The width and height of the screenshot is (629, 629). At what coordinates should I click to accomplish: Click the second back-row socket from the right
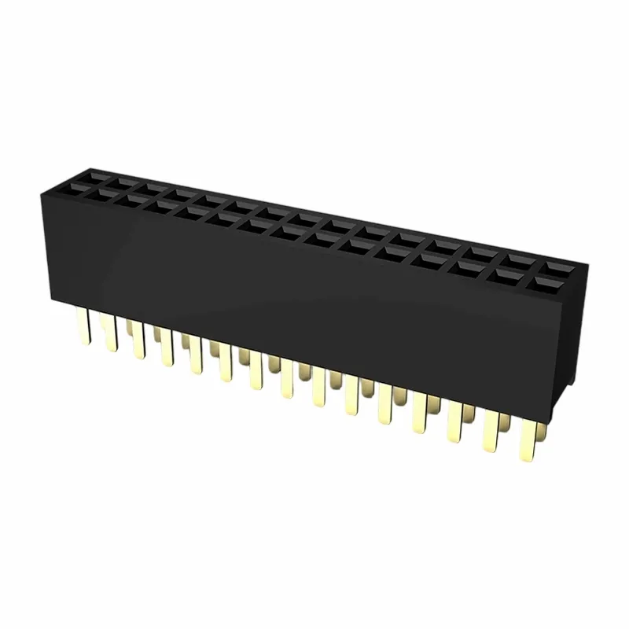coord(518,259)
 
